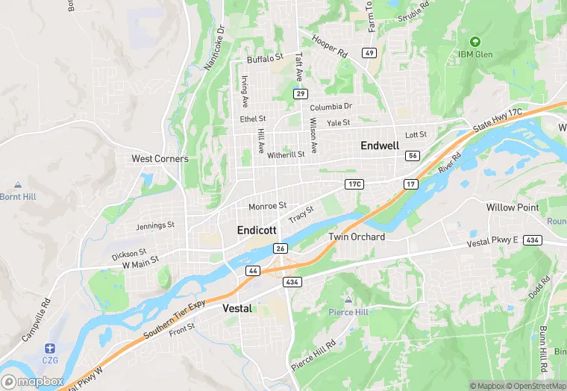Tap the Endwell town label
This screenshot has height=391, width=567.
click(380, 146)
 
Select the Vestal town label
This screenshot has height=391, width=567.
click(238, 307)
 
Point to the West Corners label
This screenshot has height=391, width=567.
click(160, 159)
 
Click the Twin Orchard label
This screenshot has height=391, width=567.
click(357, 237)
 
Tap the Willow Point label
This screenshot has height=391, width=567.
click(512, 207)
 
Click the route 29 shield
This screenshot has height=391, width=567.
click(301, 93)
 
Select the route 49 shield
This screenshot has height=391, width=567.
click(369, 53)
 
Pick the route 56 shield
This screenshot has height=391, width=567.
click(413, 155)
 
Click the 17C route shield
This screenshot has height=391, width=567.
click(354, 184)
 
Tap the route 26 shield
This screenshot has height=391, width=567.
click(281, 248)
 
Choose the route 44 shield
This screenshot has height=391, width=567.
click(254, 269)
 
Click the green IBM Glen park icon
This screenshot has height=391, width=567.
click(475, 41)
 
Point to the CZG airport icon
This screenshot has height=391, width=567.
click(49, 348)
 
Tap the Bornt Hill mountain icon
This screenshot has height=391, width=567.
click(18, 184)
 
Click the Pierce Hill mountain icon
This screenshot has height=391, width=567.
click(348, 299)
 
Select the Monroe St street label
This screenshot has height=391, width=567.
click(267, 206)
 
